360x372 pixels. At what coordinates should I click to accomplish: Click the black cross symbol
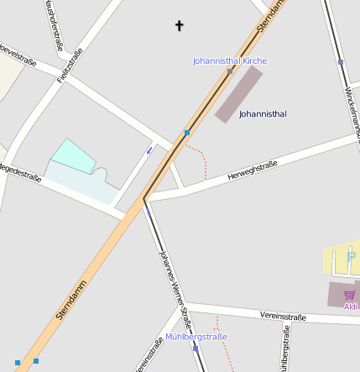(179, 26)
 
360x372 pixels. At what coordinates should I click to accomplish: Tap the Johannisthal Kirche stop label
(229, 61)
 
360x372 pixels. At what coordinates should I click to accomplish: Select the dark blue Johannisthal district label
(263, 113)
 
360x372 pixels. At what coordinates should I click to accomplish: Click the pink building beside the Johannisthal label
(238, 95)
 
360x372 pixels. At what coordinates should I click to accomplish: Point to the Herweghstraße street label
(252, 170)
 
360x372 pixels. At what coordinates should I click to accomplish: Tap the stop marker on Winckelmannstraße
(341, 62)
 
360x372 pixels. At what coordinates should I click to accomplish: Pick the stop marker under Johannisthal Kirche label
(230, 71)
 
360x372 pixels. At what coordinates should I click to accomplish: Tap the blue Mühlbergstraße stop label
(196, 337)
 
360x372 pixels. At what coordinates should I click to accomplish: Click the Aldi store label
(351, 307)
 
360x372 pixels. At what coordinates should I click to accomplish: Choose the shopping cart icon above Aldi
(349, 295)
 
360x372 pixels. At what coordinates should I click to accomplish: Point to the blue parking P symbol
(350, 257)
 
